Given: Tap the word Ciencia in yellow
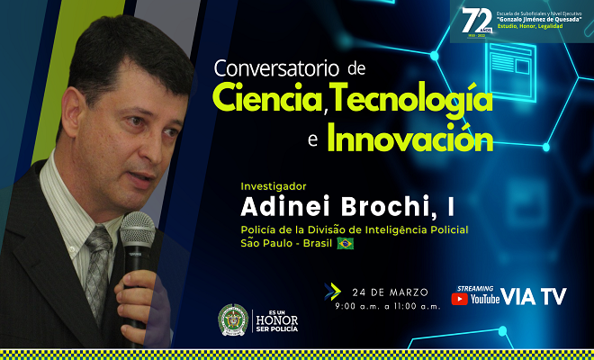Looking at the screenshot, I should (x=270, y=99).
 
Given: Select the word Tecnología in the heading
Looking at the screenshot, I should (x=413, y=99).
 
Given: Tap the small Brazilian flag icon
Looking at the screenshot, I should (x=345, y=243).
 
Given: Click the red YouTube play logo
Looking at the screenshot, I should (x=459, y=299).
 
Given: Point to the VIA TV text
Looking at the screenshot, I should (x=534, y=298).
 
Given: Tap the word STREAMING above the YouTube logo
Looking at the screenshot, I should (x=475, y=287).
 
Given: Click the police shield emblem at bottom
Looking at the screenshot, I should (x=233, y=320).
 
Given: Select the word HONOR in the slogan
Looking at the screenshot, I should (x=278, y=319).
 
